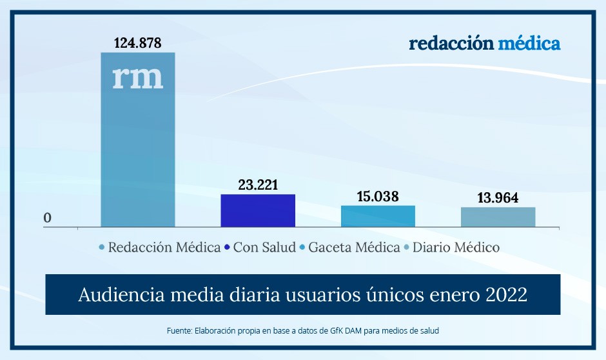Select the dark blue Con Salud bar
tap(258, 210)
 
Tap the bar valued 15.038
tap(378, 216)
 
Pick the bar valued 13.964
tap(498, 217)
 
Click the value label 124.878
tap(138, 43)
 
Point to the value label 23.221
tap(258, 185)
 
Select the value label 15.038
tap(378, 196)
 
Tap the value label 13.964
tap(498, 198)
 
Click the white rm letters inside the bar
tap(138, 78)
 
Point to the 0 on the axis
tap(47, 218)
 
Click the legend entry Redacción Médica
tap(164, 247)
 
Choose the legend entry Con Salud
tap(264, 247)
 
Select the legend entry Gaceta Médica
tap(354, 247)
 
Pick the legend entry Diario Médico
tap(456, 247)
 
